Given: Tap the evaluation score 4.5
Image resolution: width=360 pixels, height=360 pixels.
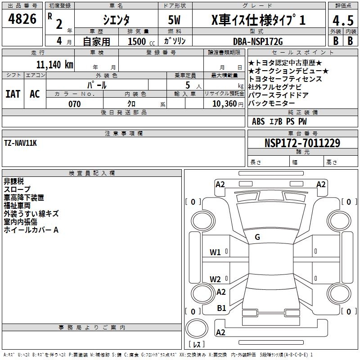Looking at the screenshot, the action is point(342,21).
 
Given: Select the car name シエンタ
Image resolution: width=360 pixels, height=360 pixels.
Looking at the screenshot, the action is point(116,20).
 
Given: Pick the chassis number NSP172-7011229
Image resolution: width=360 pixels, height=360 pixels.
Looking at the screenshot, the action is point(302,143).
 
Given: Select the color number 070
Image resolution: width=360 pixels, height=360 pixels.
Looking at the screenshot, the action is point(74,104).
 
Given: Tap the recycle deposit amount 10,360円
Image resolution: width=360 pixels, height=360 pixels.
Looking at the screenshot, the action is point(224,104).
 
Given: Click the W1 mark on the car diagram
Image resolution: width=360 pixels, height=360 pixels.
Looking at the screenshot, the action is point(215,252).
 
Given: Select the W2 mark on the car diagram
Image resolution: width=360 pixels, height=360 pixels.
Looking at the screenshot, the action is point(215,279).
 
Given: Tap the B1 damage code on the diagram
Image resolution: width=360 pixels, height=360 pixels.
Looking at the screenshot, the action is point(221,308).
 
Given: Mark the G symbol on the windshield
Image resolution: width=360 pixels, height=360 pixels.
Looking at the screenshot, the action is point(257,237).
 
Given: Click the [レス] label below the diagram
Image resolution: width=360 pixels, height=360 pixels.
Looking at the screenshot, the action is point(197,345).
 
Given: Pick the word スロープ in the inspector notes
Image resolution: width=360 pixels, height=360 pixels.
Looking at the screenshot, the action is point(17,189).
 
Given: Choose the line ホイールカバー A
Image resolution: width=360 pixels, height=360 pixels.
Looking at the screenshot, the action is point(31,230).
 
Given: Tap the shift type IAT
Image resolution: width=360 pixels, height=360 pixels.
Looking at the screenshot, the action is point(13,94).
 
